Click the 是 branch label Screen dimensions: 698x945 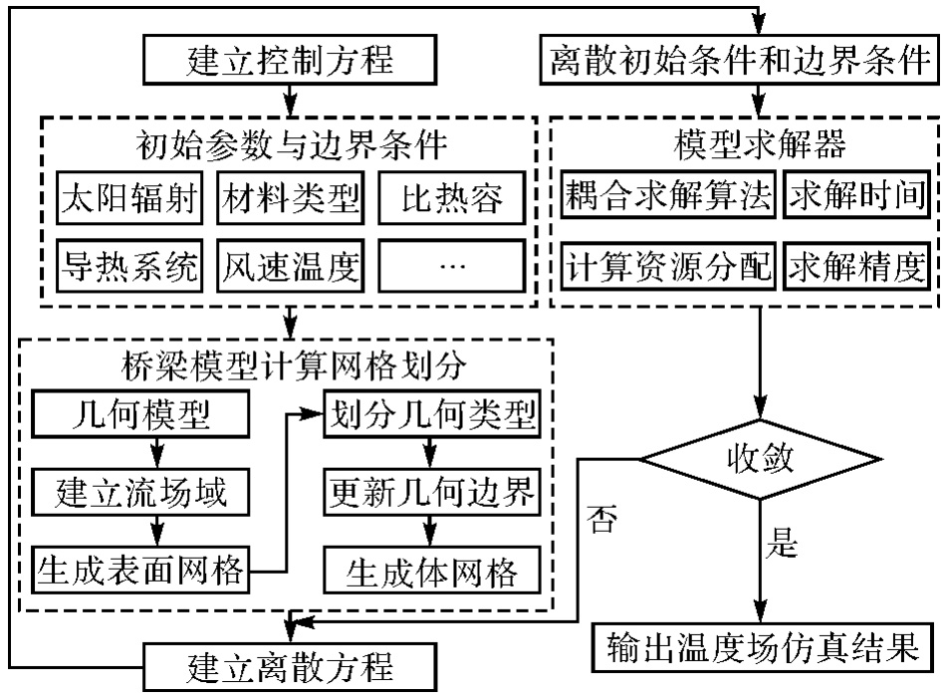pyautogui.click(x=787, y=546)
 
